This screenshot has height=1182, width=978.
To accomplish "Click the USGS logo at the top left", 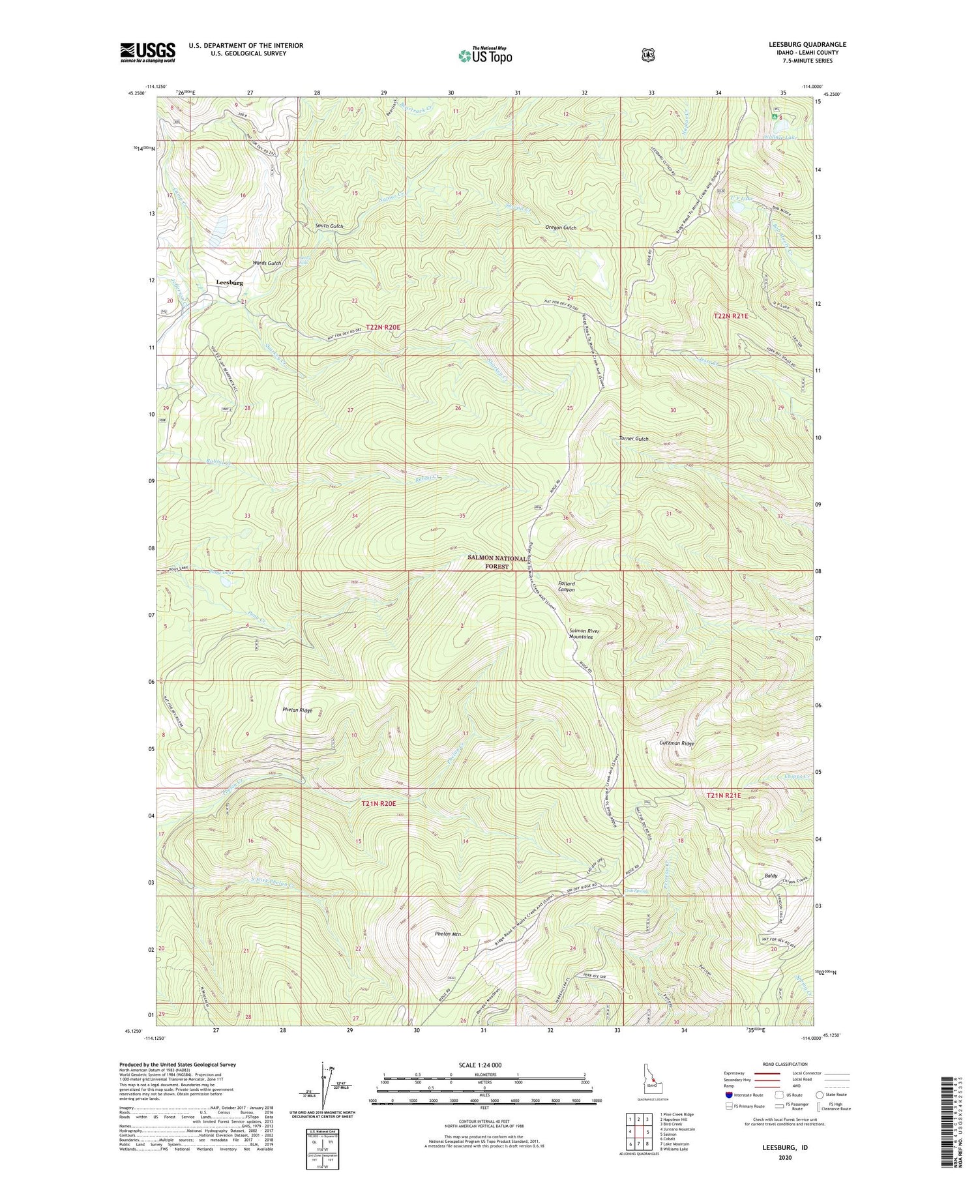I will click(147, 52).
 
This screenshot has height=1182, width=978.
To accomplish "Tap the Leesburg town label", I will click(229, 283).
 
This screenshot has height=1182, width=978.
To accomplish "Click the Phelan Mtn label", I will click(448, 934).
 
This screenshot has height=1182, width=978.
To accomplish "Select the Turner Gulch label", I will click(634, 439).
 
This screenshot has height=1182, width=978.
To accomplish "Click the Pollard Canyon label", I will click(567, 586).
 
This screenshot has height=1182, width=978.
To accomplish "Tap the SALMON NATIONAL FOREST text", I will click(497, 563).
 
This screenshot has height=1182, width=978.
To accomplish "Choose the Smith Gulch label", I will click(329, 226).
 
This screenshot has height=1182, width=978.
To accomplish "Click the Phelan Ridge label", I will click(297, 710).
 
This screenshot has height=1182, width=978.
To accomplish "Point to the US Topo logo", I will click(485, 55).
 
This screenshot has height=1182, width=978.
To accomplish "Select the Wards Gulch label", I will click(267, 263).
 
